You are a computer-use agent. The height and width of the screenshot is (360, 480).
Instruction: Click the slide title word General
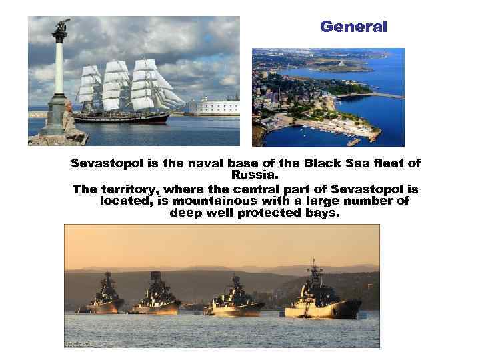(x=353, y=27)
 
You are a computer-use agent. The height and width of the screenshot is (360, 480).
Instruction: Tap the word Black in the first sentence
(x=321, y=164)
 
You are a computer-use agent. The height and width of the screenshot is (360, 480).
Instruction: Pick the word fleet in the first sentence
(x=388, y=164)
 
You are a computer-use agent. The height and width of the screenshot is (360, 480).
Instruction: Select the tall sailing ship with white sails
(x=127, y=93)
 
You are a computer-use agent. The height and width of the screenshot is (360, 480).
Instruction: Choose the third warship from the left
(x=237, y=298)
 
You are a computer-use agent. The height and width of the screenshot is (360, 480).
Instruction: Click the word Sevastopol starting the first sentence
(x=105, y=164)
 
